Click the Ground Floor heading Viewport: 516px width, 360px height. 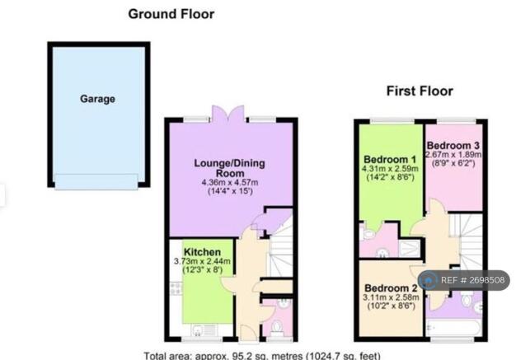click(x=171, y=14)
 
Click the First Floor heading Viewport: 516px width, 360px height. click(x=420, y=91)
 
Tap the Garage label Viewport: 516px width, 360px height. click(x=98, y=99)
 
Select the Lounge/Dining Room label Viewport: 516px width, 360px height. click(x=229, y=168)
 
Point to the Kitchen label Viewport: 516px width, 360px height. click(x=202, y=252)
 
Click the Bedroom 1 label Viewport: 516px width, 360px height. click(x=390, y=160)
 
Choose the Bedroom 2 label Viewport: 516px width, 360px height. click(x=391, y=288)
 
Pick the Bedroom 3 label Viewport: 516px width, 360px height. click(x=453, y=145)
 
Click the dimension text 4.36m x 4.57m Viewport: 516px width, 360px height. click(x=230, y=182)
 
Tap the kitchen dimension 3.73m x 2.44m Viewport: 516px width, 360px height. click(x=202, y=262)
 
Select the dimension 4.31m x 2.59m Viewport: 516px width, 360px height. click(x=390, y=169)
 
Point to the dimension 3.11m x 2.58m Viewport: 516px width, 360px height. click(x=391, y=297)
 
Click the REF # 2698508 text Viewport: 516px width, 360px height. click(x=472, y=280)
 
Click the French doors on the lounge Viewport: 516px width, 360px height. click(x=228, y=114)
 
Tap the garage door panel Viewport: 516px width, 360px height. click(x=96, y=182)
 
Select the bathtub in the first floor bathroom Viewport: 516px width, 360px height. click(x=454, y=327)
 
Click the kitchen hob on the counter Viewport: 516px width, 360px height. click(x=176, y=288)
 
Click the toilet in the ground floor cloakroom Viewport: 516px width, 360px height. click(x=277, y=328)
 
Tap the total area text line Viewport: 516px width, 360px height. click(x=262, y=356)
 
